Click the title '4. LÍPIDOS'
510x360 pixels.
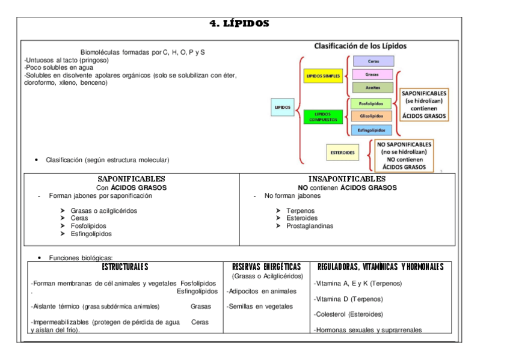[239, 24]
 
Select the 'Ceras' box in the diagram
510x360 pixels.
[373, 61]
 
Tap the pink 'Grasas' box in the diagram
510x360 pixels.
[372, 75]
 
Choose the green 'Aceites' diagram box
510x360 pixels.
[372, 88]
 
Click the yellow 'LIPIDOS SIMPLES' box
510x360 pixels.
[324, 76]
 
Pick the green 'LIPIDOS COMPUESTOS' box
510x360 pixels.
[323, 117]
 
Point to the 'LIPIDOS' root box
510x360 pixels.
[283, 108]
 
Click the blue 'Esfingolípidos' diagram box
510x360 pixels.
[371, 129]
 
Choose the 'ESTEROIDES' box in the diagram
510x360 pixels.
[342, 153]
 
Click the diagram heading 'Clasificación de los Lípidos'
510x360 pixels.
[360, 46]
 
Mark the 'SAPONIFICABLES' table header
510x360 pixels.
[131, 179]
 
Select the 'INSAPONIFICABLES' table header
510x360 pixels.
[347, 179]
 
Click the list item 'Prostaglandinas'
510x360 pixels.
[310, 226]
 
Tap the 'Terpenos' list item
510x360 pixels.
[301, 211]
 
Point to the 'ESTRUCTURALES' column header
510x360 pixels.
[124, 267]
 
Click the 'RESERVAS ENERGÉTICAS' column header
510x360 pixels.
[266, 267]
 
